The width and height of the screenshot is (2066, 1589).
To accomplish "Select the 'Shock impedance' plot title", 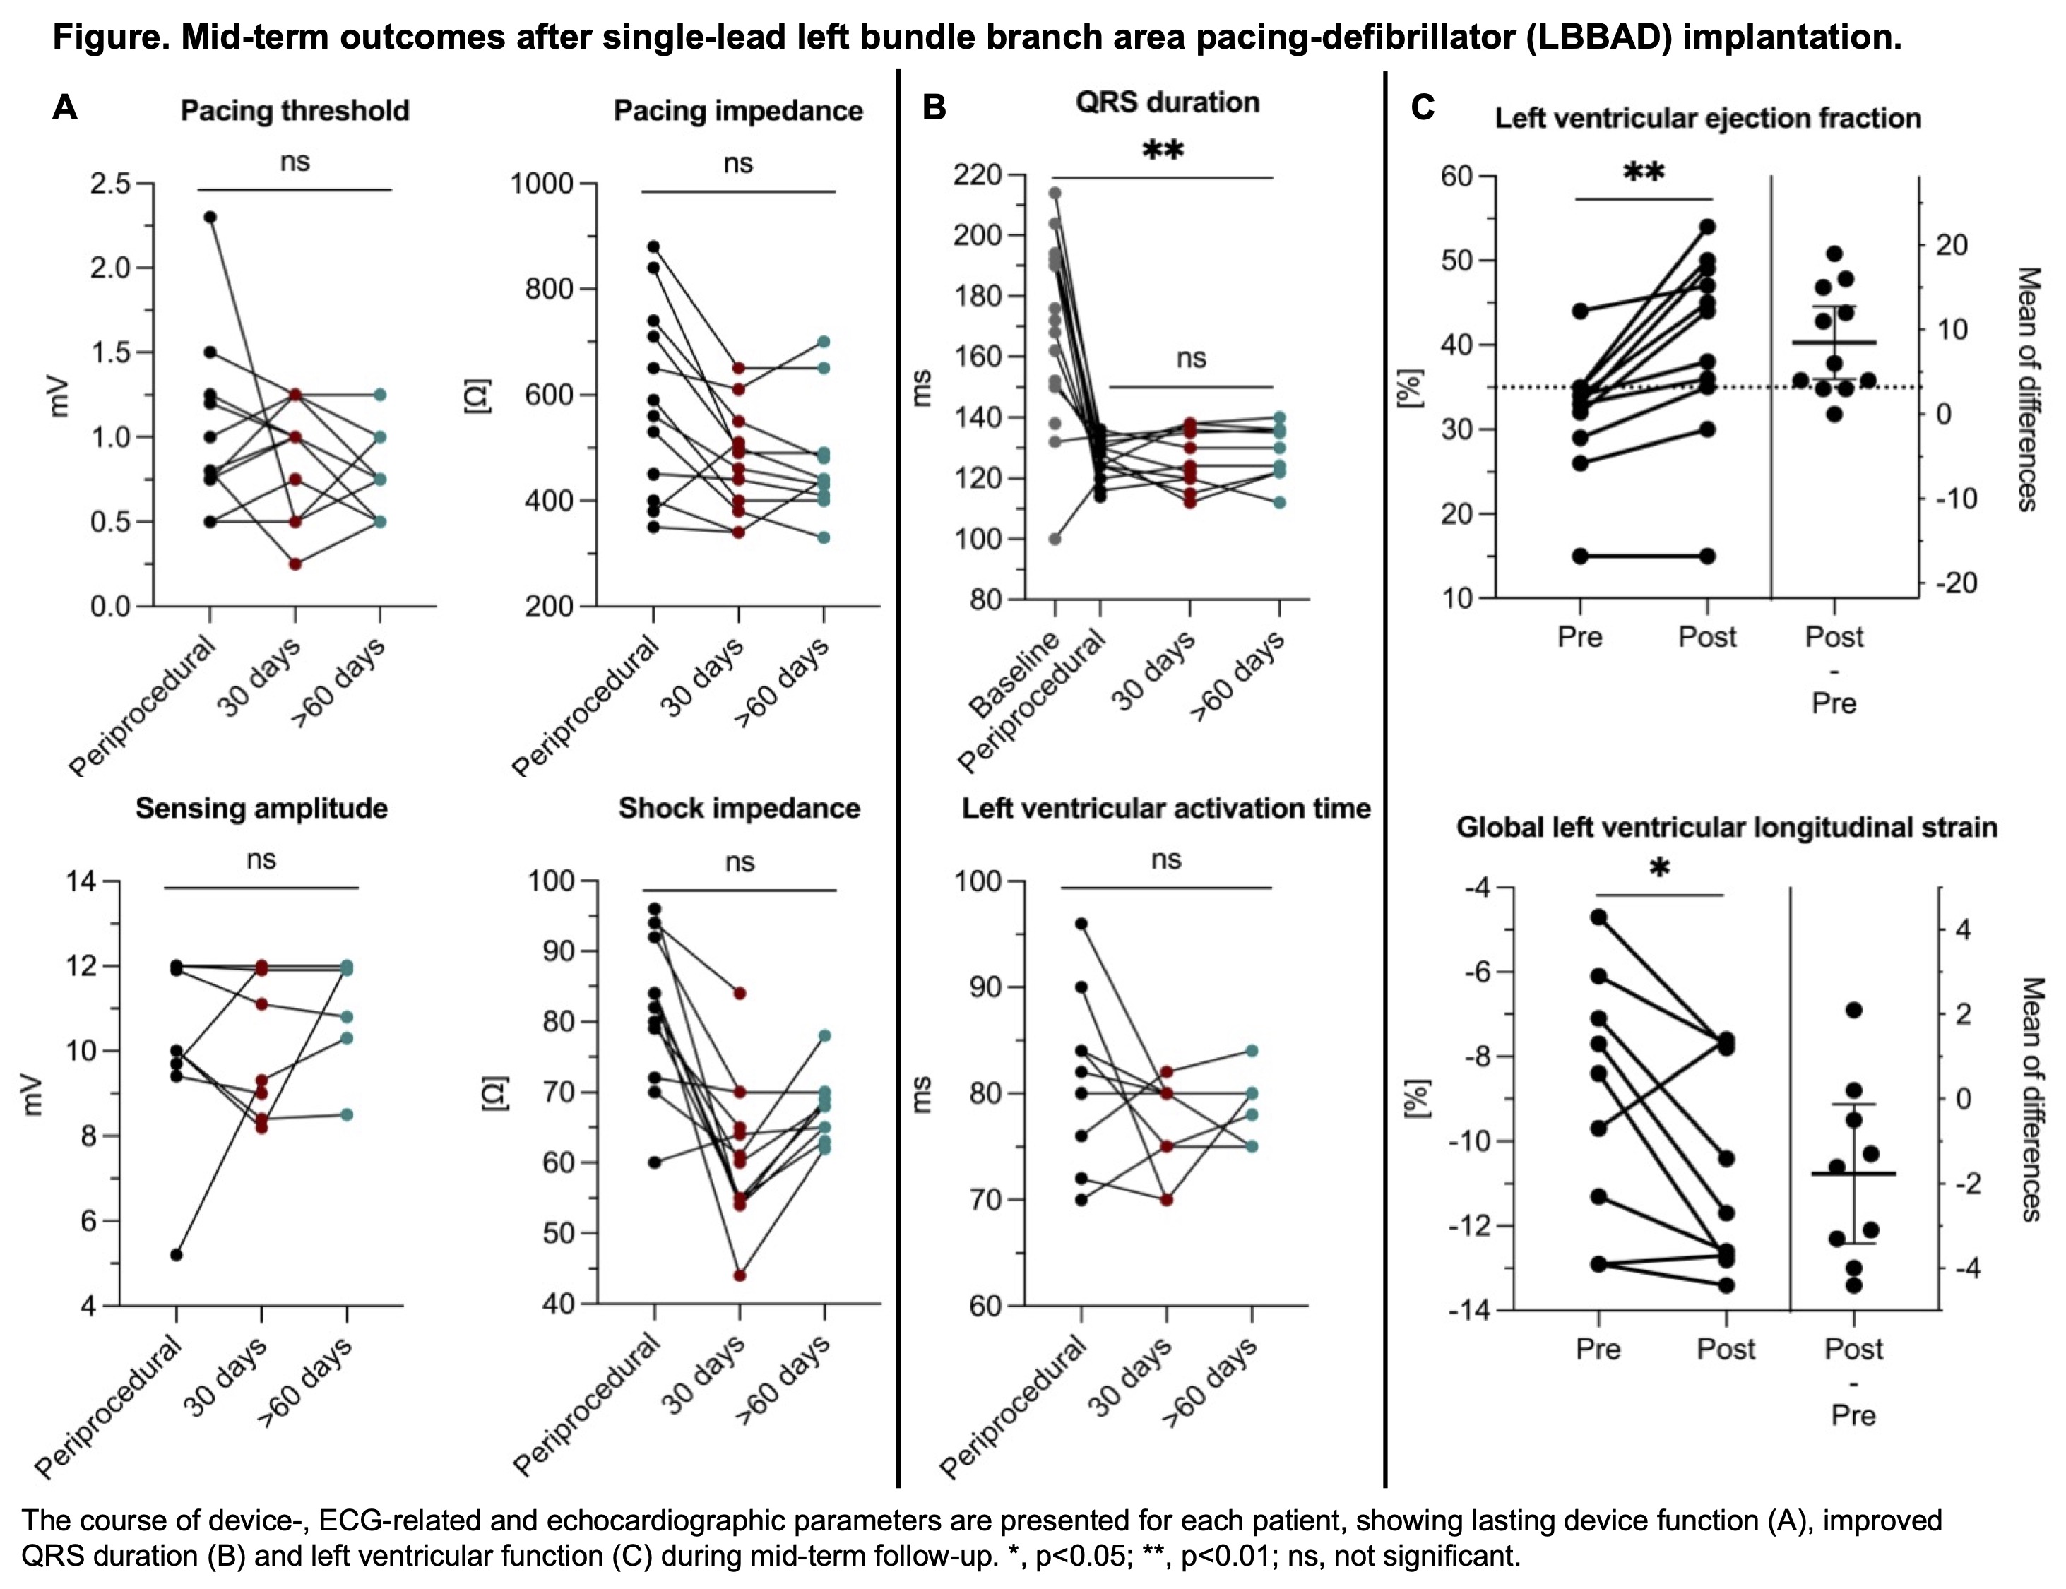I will coord(739,808).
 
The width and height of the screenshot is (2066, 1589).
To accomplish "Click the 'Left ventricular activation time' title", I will coord(1166,808).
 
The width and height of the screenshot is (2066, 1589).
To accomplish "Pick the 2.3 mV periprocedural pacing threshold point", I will coord(210,218).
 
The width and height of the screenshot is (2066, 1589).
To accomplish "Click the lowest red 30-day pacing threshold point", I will coord(295,564).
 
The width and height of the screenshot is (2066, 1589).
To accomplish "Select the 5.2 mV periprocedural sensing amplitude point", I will coord(176,1254).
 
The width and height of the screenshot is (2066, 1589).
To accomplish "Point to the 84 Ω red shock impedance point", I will coord(740,993).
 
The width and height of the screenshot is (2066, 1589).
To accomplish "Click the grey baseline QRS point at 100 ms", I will coord(1055,539).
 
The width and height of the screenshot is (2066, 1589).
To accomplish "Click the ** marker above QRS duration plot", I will coord(1163,151).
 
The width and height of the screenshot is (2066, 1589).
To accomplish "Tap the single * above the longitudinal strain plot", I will coord(1659,868).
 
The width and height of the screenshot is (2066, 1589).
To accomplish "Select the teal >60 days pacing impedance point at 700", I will coord(824,341).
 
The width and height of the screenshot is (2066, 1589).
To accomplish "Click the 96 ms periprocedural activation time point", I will coord(1081,923).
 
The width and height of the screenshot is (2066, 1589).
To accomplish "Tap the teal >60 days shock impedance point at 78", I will coord(825,1036).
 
